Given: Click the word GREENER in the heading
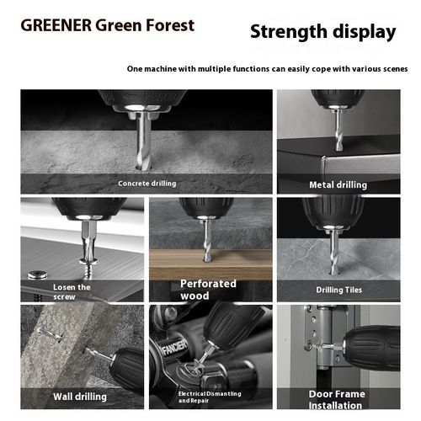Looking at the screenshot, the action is pos(56,25).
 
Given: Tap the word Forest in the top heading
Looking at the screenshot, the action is pos(170,25).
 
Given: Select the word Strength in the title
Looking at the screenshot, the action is pos(289,32).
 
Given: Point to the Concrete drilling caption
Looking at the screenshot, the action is pos(147,184).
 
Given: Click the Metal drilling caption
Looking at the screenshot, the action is pos(338,185).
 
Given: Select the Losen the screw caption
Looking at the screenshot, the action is pos(72,292).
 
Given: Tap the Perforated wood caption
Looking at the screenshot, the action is pos(208,290).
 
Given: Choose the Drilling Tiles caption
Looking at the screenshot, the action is pos(339,290).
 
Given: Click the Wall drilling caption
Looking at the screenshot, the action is pos(80,397).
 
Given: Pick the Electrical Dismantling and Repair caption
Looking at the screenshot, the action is pos(210,397).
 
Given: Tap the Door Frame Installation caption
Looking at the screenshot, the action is pos(337,400).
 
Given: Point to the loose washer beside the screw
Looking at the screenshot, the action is pos(37,274).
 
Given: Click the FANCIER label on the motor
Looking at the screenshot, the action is pos(174,348).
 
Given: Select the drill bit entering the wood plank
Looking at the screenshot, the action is pos(207,241).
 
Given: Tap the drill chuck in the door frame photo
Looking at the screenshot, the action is pos(371,348).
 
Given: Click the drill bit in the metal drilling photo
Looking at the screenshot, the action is pos(338,130).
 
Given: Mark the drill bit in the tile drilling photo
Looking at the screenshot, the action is pos(333,253).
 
